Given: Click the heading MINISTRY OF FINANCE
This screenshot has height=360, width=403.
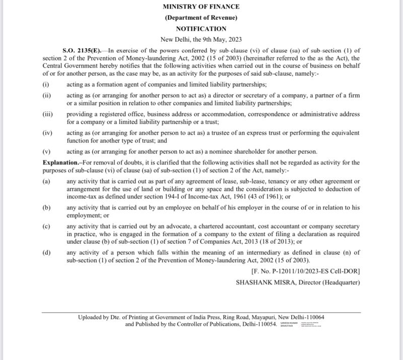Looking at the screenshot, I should pyautogui.click(x=201, y=7).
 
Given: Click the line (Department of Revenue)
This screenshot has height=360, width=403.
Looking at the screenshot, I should pyautogui.click(x=201, y=18).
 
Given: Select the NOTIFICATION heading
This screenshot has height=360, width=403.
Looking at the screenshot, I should pyautogui.click(x=201, y=29).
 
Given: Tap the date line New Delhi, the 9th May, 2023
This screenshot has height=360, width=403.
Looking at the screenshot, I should pyautogui.click(x=201, y=39).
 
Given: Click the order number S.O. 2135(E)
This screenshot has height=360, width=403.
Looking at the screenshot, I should pyautogui.click(x=82, y=50).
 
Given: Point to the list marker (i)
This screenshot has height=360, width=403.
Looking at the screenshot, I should pyautogui.click(x=45, y=84).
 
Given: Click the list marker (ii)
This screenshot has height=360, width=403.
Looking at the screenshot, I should pyautogui.click(x=46, y=95).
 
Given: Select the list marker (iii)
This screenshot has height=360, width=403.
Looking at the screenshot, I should pyautogui.click(x=47, y=114).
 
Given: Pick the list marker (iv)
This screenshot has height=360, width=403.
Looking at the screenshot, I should pyautogui.click(x=47, y=133).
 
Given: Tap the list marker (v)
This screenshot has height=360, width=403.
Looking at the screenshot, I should pyautogui.click(x=46, y=152).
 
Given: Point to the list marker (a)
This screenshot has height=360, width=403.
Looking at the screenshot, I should pyautogui.click(x=46, y=181).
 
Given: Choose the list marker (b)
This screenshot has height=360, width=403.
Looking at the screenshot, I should pyautogui.click(x=46, y=207).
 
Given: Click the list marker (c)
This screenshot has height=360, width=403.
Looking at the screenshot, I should pyautogui.click(x=46, y=227).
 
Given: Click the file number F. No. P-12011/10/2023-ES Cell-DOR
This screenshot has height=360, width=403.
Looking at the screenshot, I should pyautogui.click(x=305, y=271).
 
